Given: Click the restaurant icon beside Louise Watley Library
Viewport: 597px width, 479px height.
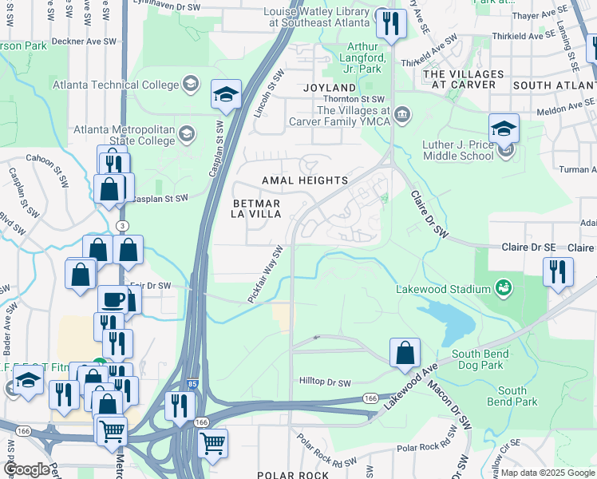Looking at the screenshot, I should coord(391,23).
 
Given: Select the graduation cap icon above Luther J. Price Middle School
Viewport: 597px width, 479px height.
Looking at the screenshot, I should coord(504,129).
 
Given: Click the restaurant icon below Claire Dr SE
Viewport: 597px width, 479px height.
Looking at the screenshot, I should coord(558,271).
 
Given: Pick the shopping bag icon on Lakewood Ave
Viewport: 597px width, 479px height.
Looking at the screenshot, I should coord(405,352).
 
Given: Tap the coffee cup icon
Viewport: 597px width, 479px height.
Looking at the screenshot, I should coord(113,301).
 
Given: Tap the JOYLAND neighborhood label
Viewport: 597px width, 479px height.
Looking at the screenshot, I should coord(329,87).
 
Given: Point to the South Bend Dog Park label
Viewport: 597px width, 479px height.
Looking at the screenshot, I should coord(477,359).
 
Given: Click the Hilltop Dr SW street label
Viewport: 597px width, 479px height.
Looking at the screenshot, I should coord(326,382).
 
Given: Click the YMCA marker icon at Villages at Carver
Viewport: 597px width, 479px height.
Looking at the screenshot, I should coord(403,111).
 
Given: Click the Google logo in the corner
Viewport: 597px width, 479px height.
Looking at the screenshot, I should coord(26,469).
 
